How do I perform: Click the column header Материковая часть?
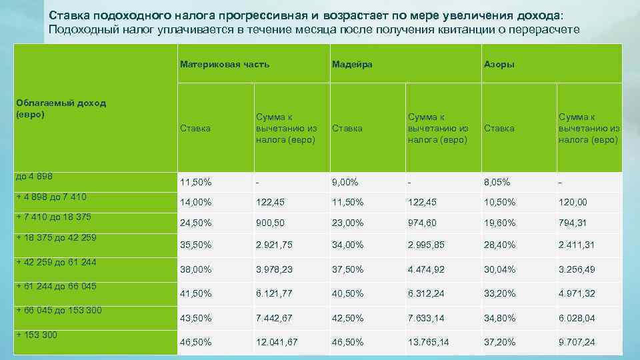(x=224, y=65)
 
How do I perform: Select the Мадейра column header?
(x=352, y=65)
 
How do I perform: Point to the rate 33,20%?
(x=500, y=294)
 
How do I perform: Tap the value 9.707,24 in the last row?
(x=577, y=342)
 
